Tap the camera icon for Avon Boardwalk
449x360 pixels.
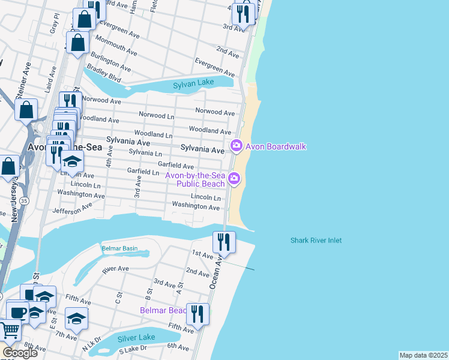[236, 146]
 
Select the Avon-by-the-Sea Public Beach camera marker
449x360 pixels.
[234, 179]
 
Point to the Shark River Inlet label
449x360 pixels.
[316, 241]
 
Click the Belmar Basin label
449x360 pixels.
[119, 248]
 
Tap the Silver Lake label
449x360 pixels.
[136, 337]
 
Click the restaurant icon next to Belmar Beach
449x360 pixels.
[196, 313]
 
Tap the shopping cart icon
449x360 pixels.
[9, 329]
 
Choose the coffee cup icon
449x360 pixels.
[17, 311]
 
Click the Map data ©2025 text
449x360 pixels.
[423, 355]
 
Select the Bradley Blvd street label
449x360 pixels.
[103, 74]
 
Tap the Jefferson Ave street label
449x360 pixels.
[73, 208]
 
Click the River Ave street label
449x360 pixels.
[115, 269]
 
